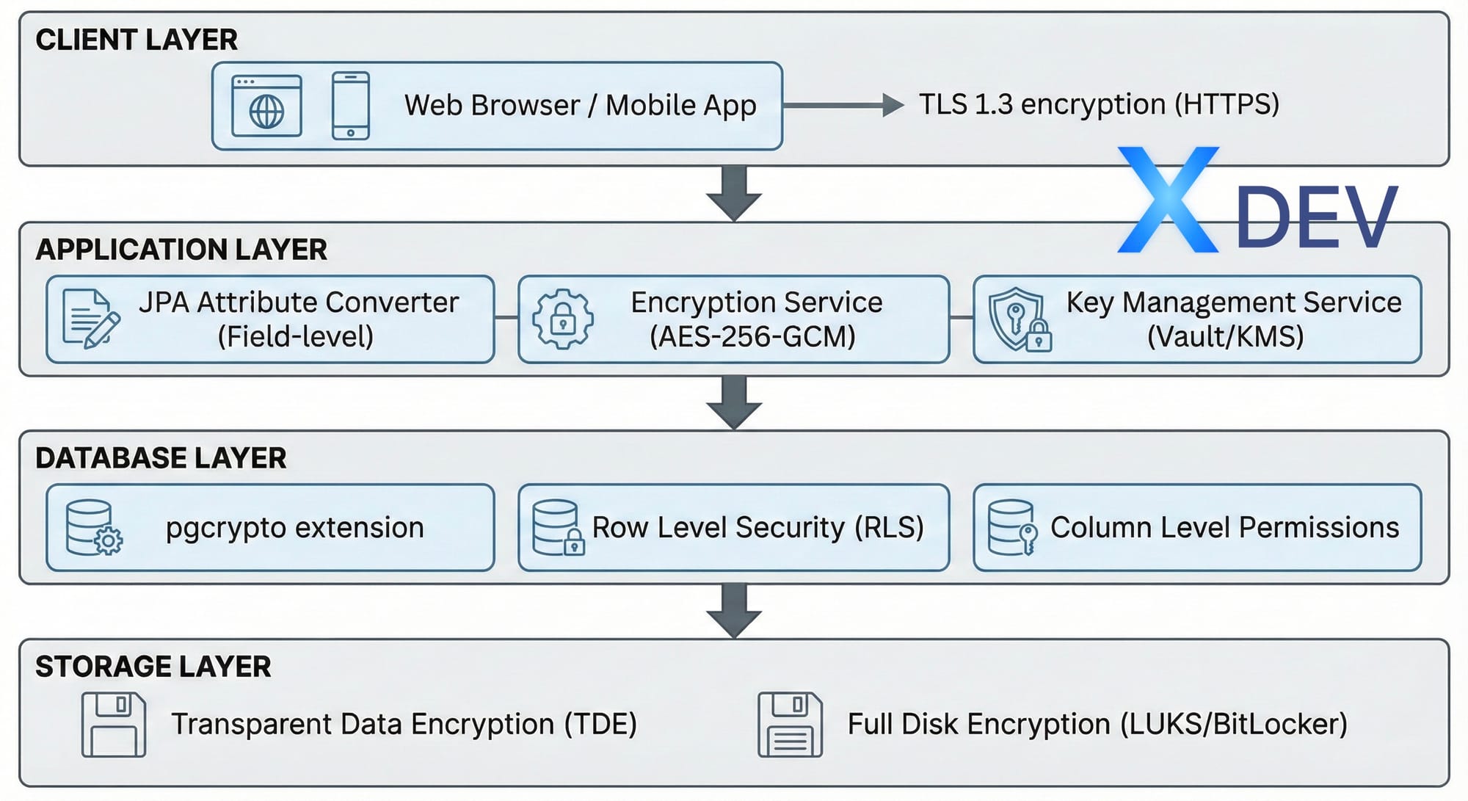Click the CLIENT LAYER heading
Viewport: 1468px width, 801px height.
pos(137,40)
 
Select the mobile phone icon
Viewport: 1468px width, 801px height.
pos(351,106)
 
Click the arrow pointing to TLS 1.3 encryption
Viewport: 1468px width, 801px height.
pos(843,105)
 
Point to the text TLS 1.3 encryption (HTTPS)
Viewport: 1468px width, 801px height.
pos(1099,104)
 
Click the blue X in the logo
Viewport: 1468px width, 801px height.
pos(1169,200)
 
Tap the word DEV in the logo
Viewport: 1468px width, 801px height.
pos(1317,217)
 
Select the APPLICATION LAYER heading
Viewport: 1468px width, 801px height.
pos(181,250)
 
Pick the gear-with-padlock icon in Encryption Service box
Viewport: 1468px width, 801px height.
pos(563,319)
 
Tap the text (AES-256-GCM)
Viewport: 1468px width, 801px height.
pos(752,337)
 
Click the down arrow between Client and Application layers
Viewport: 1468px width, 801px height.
pos(734,194)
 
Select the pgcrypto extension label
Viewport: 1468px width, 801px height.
pos(295,528)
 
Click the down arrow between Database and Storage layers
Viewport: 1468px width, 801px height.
pos(734,611)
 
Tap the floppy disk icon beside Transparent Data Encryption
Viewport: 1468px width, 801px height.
pos(114,725)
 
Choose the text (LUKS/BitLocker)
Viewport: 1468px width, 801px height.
pos(1234,725)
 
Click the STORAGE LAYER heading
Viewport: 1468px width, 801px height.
pos(153,667)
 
